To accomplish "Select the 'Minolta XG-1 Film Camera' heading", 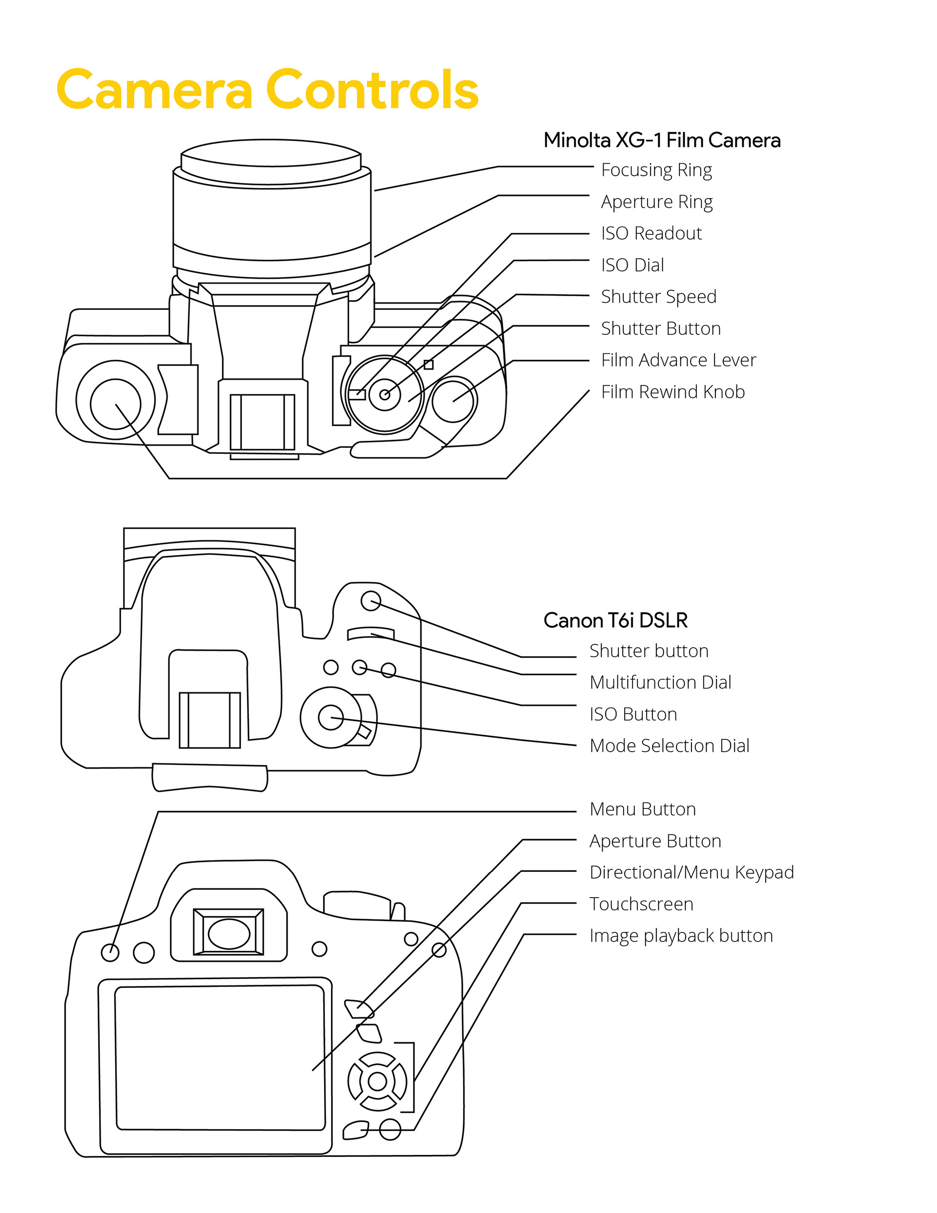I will [661, 140].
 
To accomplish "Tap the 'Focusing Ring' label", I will [656, 170].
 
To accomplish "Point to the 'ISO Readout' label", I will [651, 233].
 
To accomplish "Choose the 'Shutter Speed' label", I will [658, 297].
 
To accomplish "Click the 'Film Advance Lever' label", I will [678, 360].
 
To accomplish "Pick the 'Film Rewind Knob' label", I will [672, 391].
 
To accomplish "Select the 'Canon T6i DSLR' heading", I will [615, 620].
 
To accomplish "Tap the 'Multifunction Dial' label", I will [660, 682].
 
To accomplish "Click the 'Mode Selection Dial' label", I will [669, 745].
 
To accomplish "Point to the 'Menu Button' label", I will [643, 809].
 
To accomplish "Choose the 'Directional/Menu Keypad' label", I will [692, 872].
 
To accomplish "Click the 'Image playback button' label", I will [681, 935].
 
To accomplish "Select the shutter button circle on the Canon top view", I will [370, 600].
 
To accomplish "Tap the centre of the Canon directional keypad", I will [378, 1081].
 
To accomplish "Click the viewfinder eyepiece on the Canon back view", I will [228, 933].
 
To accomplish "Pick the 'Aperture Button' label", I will [655, 841].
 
